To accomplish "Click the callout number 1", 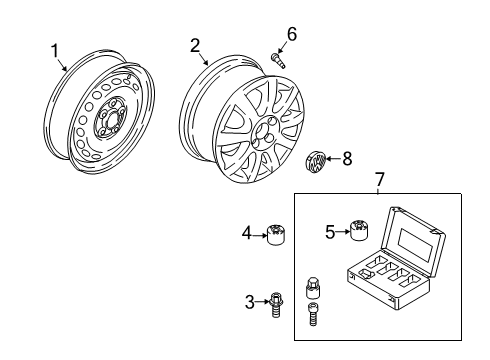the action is tap(55, 51).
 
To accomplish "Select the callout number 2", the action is tap(195, 46).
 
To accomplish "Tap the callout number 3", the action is tap(250, 302).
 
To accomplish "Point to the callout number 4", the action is tap(247, 233).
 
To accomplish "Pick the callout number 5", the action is tap(330, 232).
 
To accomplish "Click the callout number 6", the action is tap(292, 34).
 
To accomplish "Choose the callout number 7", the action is tap(380, 179).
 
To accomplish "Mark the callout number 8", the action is tap(347, 158).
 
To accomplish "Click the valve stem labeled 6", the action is tap(278, 61).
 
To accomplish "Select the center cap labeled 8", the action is tap(315, 161).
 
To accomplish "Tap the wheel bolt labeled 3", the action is tap(276, 305).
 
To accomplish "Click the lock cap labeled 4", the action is tap(276, 234).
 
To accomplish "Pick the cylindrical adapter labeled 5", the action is tap(359, 230).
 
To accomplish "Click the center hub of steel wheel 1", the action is tap(110, 118).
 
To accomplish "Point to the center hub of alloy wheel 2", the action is tap(264, 132).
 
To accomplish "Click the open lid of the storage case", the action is tap(413, 242).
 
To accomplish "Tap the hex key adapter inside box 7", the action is tap(313, 288).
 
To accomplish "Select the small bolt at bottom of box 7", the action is tap(313, 314).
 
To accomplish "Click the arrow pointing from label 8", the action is tap(333, 159).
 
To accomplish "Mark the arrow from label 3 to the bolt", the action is tap(262, 302).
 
